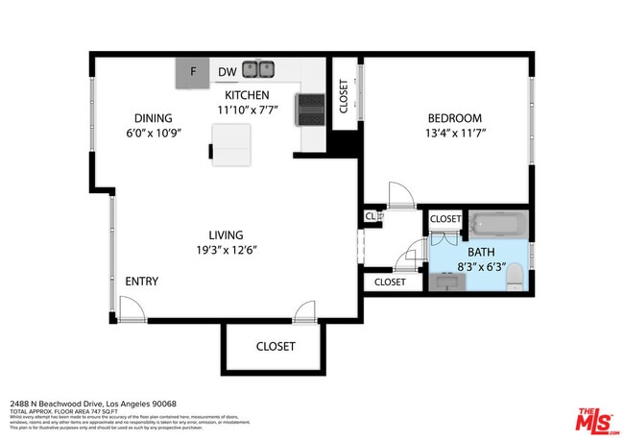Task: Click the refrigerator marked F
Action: pos(193,71)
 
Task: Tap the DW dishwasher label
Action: pos(227,71)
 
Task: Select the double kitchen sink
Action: pos(257,69)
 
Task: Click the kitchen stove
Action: pos(313,109)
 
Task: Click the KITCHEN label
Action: pos(247,95)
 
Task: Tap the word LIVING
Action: pos(227,234)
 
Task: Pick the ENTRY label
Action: pos(141,282)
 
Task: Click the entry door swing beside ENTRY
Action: pos(132,308)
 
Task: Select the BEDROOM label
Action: pos(455,118)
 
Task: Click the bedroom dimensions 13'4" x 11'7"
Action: pos(455,133)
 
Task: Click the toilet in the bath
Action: pos(516,280)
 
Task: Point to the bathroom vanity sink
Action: pos(449,282)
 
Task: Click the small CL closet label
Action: pos(371,217)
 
